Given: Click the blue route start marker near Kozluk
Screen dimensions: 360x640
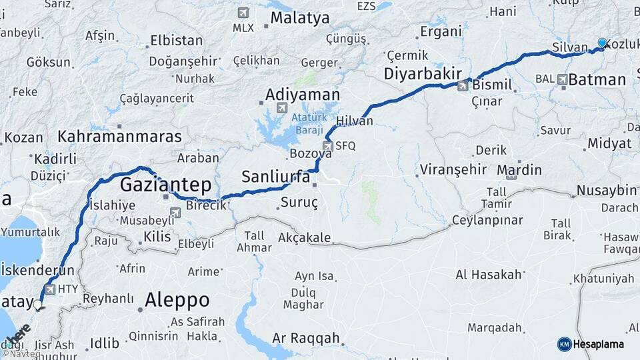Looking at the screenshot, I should coord(602,43).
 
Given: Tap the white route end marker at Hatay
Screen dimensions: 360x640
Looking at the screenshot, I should coord(38,305).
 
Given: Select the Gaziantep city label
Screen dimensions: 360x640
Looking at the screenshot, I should coord(165,185).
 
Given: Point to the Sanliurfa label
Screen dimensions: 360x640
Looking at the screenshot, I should coord(275,177).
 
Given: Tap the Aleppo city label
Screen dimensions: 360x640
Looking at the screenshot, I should coord(177,299).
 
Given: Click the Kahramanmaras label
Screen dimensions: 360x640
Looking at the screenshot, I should coord(120,137).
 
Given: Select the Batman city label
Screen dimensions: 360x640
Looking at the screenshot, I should coord(597,80).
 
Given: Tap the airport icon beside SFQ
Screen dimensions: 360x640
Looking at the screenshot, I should coord(327,145).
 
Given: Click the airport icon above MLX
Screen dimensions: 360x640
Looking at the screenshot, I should coord(243,13).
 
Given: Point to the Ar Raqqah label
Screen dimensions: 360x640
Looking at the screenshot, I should coord(306,339).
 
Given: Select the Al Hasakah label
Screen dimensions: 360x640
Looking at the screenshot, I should coord(488,274).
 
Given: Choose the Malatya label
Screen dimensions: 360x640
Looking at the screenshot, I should coord(300,18).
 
